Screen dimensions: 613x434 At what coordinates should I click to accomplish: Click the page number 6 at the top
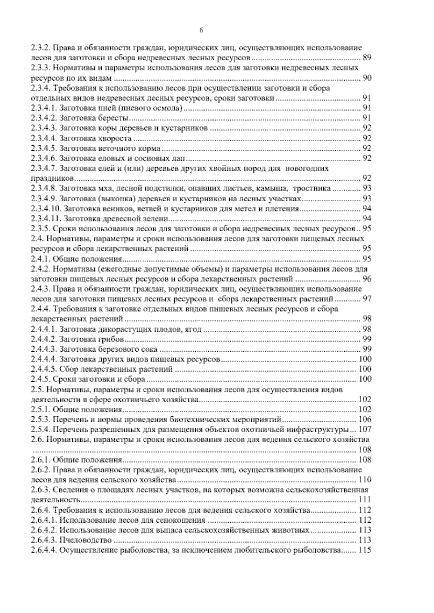point(201,31)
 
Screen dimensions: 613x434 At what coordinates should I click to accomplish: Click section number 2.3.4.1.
point(43,108)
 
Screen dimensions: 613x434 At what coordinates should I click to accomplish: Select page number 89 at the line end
point(366,58)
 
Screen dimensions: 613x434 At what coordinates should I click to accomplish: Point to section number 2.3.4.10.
point(45,209)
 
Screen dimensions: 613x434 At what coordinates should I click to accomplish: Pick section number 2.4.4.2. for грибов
point(43,339)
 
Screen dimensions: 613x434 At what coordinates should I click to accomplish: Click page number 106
point(364,420)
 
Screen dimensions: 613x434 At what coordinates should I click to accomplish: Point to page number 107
point(364,430)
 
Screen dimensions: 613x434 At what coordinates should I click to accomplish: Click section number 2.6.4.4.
point(43,550)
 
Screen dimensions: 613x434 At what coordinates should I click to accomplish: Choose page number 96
point(366,279)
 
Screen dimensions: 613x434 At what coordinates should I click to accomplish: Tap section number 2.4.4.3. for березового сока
point(43,350)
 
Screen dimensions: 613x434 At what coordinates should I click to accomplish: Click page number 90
point(366,78)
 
